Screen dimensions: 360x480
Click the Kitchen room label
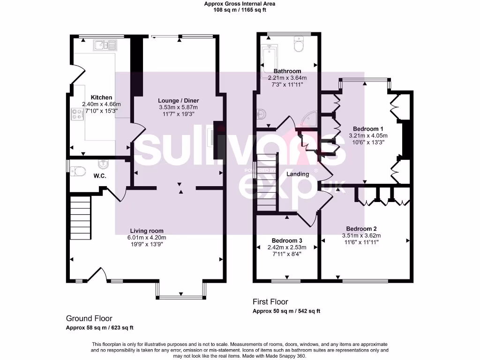coord(101,97)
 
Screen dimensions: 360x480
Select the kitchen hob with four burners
coord(76,114)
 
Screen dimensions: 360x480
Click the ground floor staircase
coord(81,218)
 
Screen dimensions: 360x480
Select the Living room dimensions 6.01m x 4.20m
coord(147,238)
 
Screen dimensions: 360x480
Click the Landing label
coord(298,174)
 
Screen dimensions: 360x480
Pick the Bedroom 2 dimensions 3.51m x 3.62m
coord(361,236)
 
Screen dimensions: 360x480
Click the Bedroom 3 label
coord(286,241)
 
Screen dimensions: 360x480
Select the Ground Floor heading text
coord(89,318)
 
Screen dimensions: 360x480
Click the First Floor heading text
coord(270,302)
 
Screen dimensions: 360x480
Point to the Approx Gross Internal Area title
coord(240,4)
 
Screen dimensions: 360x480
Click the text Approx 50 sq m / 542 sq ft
coord(286,311)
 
